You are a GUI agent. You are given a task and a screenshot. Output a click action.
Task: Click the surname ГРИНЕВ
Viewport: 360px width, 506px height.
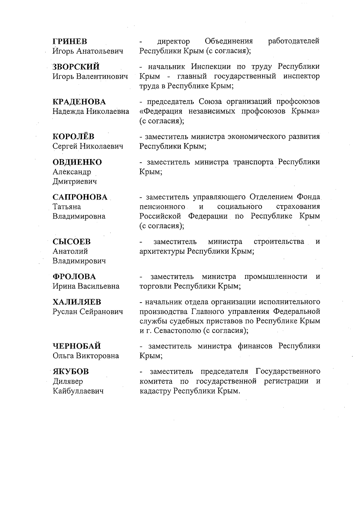(70, 41)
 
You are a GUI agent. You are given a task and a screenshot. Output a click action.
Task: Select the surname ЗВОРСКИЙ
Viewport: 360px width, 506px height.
(76, 67)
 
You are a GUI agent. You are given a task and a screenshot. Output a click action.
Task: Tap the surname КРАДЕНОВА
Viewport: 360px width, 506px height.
(79, 102)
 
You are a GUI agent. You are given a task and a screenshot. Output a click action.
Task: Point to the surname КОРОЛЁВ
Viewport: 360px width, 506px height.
(73, 137)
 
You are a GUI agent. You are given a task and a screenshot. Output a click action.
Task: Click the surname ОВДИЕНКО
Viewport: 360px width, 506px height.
(77, 162)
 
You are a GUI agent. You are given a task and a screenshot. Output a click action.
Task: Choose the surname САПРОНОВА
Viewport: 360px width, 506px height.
(80, 197)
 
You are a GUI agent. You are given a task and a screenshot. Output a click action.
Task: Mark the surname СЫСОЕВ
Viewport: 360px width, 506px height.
(72, 242)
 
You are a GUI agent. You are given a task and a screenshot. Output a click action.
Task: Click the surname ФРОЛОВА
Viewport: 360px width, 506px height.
(74, 276)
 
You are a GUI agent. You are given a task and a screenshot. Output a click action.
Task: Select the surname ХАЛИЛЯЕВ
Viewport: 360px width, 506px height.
(77, 302)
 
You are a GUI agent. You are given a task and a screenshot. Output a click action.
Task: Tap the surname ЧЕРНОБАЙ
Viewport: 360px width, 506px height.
(77, 346)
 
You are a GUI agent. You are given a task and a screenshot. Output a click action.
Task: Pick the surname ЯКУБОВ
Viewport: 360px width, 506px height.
(71, 372)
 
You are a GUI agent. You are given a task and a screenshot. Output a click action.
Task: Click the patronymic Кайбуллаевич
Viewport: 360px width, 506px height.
(78, 391)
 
